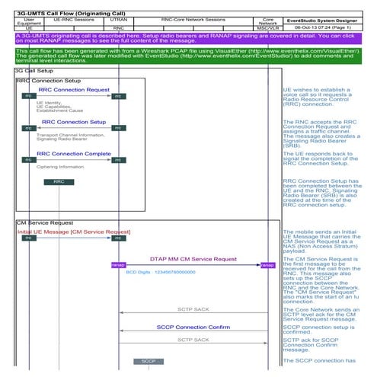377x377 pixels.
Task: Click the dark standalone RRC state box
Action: point(59,182)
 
